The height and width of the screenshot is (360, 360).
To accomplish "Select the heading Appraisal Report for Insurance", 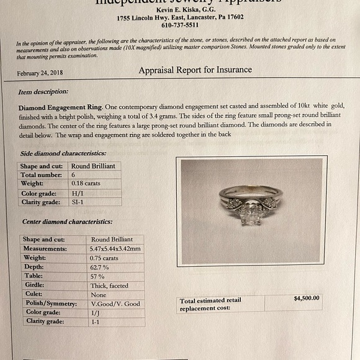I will coord(195,70).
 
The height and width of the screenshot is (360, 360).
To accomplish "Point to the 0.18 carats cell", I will coord(86,184).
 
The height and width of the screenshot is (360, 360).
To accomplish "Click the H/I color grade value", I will coord(79,193).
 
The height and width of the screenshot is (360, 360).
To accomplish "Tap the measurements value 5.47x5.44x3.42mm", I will coord(115,248).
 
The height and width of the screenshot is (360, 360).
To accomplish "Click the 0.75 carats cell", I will coord(104,258).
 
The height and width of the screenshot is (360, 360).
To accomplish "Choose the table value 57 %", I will coord(97,276).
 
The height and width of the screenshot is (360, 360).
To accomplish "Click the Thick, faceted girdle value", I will coord(109,286).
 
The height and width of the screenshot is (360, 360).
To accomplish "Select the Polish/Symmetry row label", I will coord(50,304).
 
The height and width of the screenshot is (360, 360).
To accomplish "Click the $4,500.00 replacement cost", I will coord(307,298).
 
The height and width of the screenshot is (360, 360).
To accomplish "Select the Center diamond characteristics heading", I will coord(67,222).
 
